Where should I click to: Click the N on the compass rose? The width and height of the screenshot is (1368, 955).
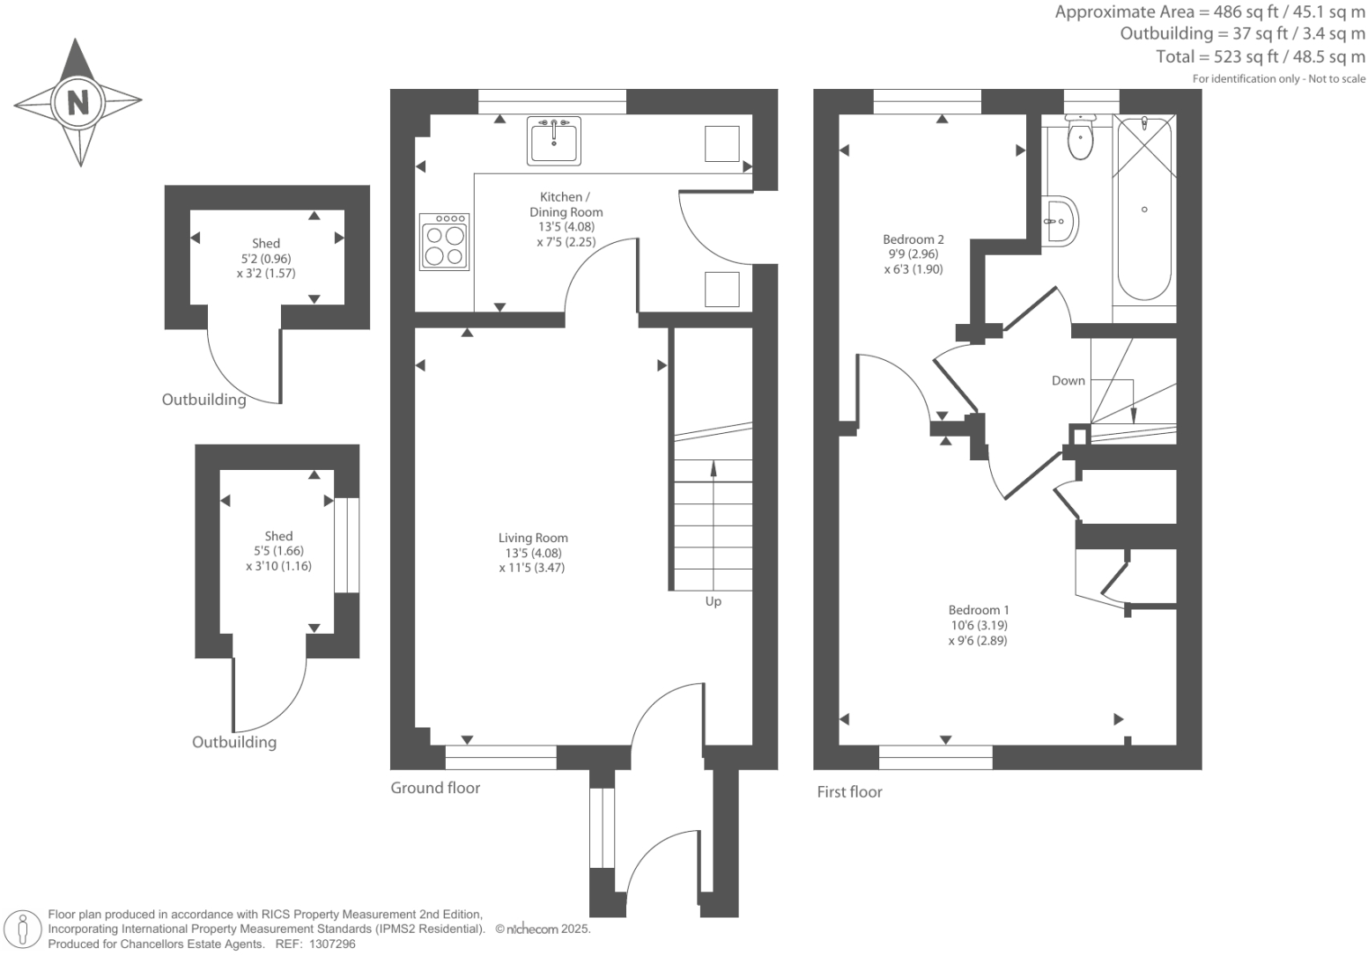78,102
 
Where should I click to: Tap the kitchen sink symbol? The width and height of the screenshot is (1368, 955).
554,141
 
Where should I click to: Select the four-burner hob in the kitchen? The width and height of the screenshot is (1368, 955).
444,242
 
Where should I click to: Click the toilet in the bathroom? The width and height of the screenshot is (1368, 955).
1079,138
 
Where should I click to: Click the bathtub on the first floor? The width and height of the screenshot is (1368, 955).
1144,209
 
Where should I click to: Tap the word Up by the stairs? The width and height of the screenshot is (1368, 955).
713,602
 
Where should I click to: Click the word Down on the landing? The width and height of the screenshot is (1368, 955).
1068,381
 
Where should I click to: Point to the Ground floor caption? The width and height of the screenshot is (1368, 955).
435,788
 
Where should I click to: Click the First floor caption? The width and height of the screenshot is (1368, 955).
849,792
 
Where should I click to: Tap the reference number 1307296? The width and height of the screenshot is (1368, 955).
329,944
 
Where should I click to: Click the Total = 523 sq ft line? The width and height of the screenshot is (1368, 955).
1260,56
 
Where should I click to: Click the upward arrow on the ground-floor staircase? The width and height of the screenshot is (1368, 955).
713,468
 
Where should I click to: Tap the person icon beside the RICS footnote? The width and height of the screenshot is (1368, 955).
24,929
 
